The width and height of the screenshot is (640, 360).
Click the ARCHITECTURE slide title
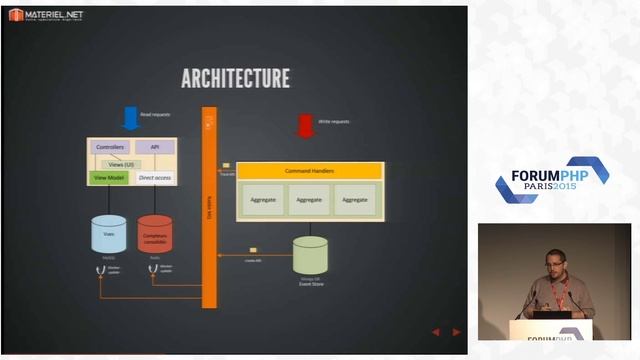tap(235, 78)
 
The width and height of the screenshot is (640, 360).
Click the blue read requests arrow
tap(130, 119)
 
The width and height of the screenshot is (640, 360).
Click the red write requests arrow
tap(305, 126)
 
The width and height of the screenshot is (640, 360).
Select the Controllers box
tap(109, 148)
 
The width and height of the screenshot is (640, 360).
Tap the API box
tap(154, 148)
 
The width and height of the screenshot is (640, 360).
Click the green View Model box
tap(108, 177)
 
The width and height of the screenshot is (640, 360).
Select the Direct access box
tap(155, 177)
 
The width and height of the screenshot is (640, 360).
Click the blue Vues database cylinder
tap(109, 233)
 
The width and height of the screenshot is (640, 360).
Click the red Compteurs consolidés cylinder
tap(155, 233)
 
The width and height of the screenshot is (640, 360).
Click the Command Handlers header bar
tap(309, 171)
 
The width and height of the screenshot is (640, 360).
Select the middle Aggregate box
tap(309, 199)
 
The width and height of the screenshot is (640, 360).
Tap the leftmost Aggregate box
tap(263, 199)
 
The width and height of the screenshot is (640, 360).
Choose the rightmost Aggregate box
tap(355, 199)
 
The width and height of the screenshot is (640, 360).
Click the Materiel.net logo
tap(46, 15)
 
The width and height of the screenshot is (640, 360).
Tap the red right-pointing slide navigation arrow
tap(457, 332)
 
